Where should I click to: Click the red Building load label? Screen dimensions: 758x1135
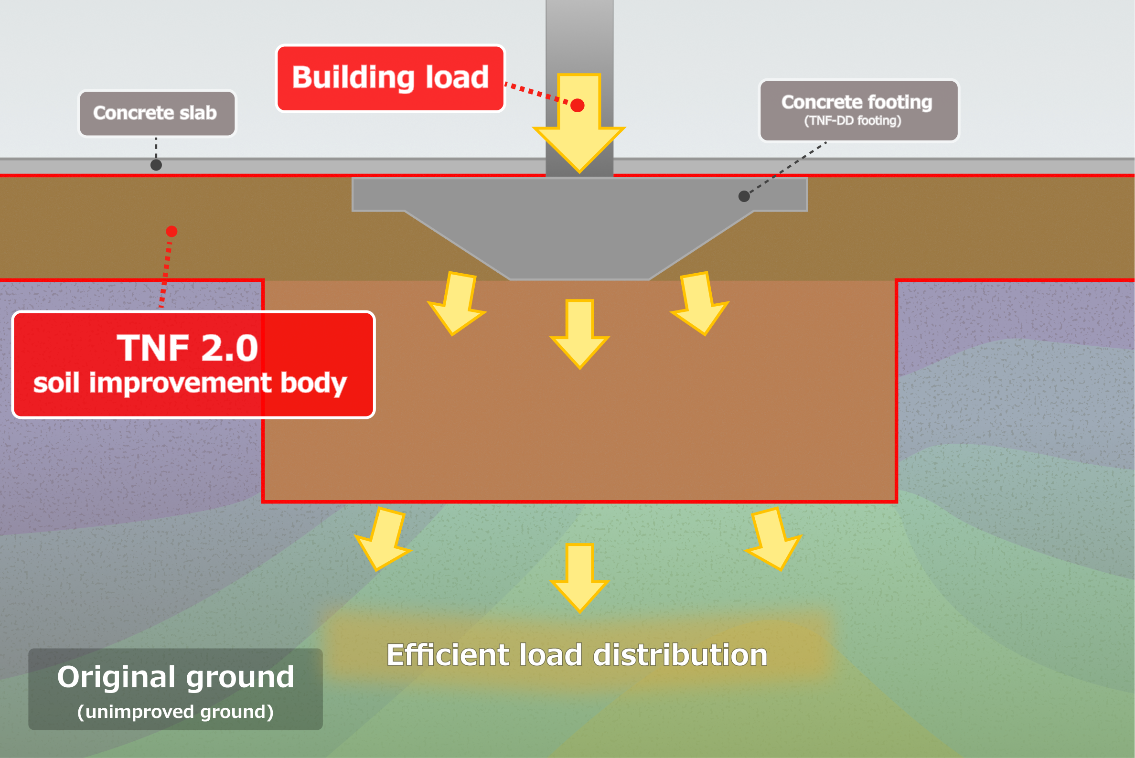pos(390,78)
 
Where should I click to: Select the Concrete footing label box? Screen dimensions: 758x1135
pos(858,111)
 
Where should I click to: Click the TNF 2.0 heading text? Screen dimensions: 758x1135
pos(188,348)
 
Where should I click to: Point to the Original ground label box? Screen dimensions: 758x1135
pos(175,689)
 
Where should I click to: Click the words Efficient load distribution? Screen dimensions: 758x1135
pos(577,655)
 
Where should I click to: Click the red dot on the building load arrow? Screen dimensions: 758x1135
pos(577,106)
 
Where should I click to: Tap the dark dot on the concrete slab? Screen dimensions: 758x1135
pos(156,165)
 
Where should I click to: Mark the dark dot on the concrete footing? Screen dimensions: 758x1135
pos(744,196)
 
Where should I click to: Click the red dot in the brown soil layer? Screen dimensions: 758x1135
pos(171,232)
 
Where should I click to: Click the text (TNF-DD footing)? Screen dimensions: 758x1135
pos(853,121)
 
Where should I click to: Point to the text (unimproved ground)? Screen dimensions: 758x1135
pos(175,712)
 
